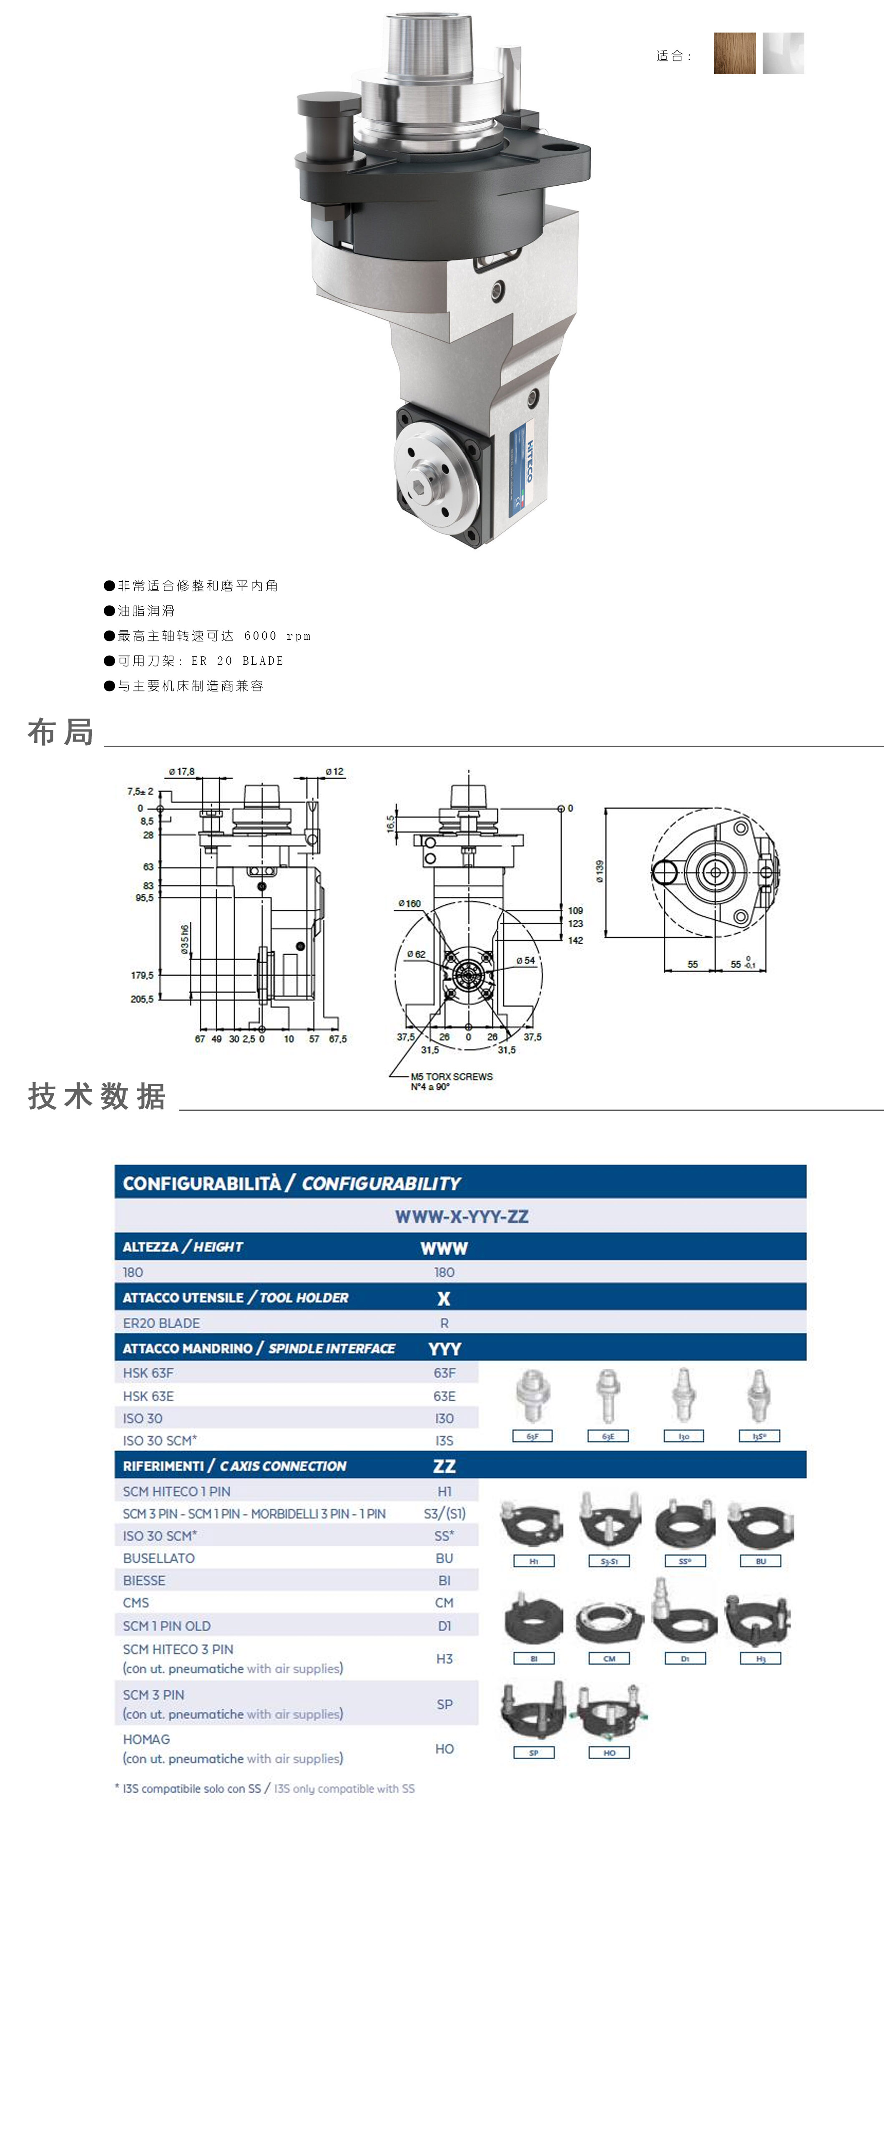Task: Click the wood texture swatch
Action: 734,54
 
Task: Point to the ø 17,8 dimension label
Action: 182,771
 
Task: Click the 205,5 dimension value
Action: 142,999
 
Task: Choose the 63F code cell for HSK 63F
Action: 445,1373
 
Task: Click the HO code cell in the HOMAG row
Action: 445,1749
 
